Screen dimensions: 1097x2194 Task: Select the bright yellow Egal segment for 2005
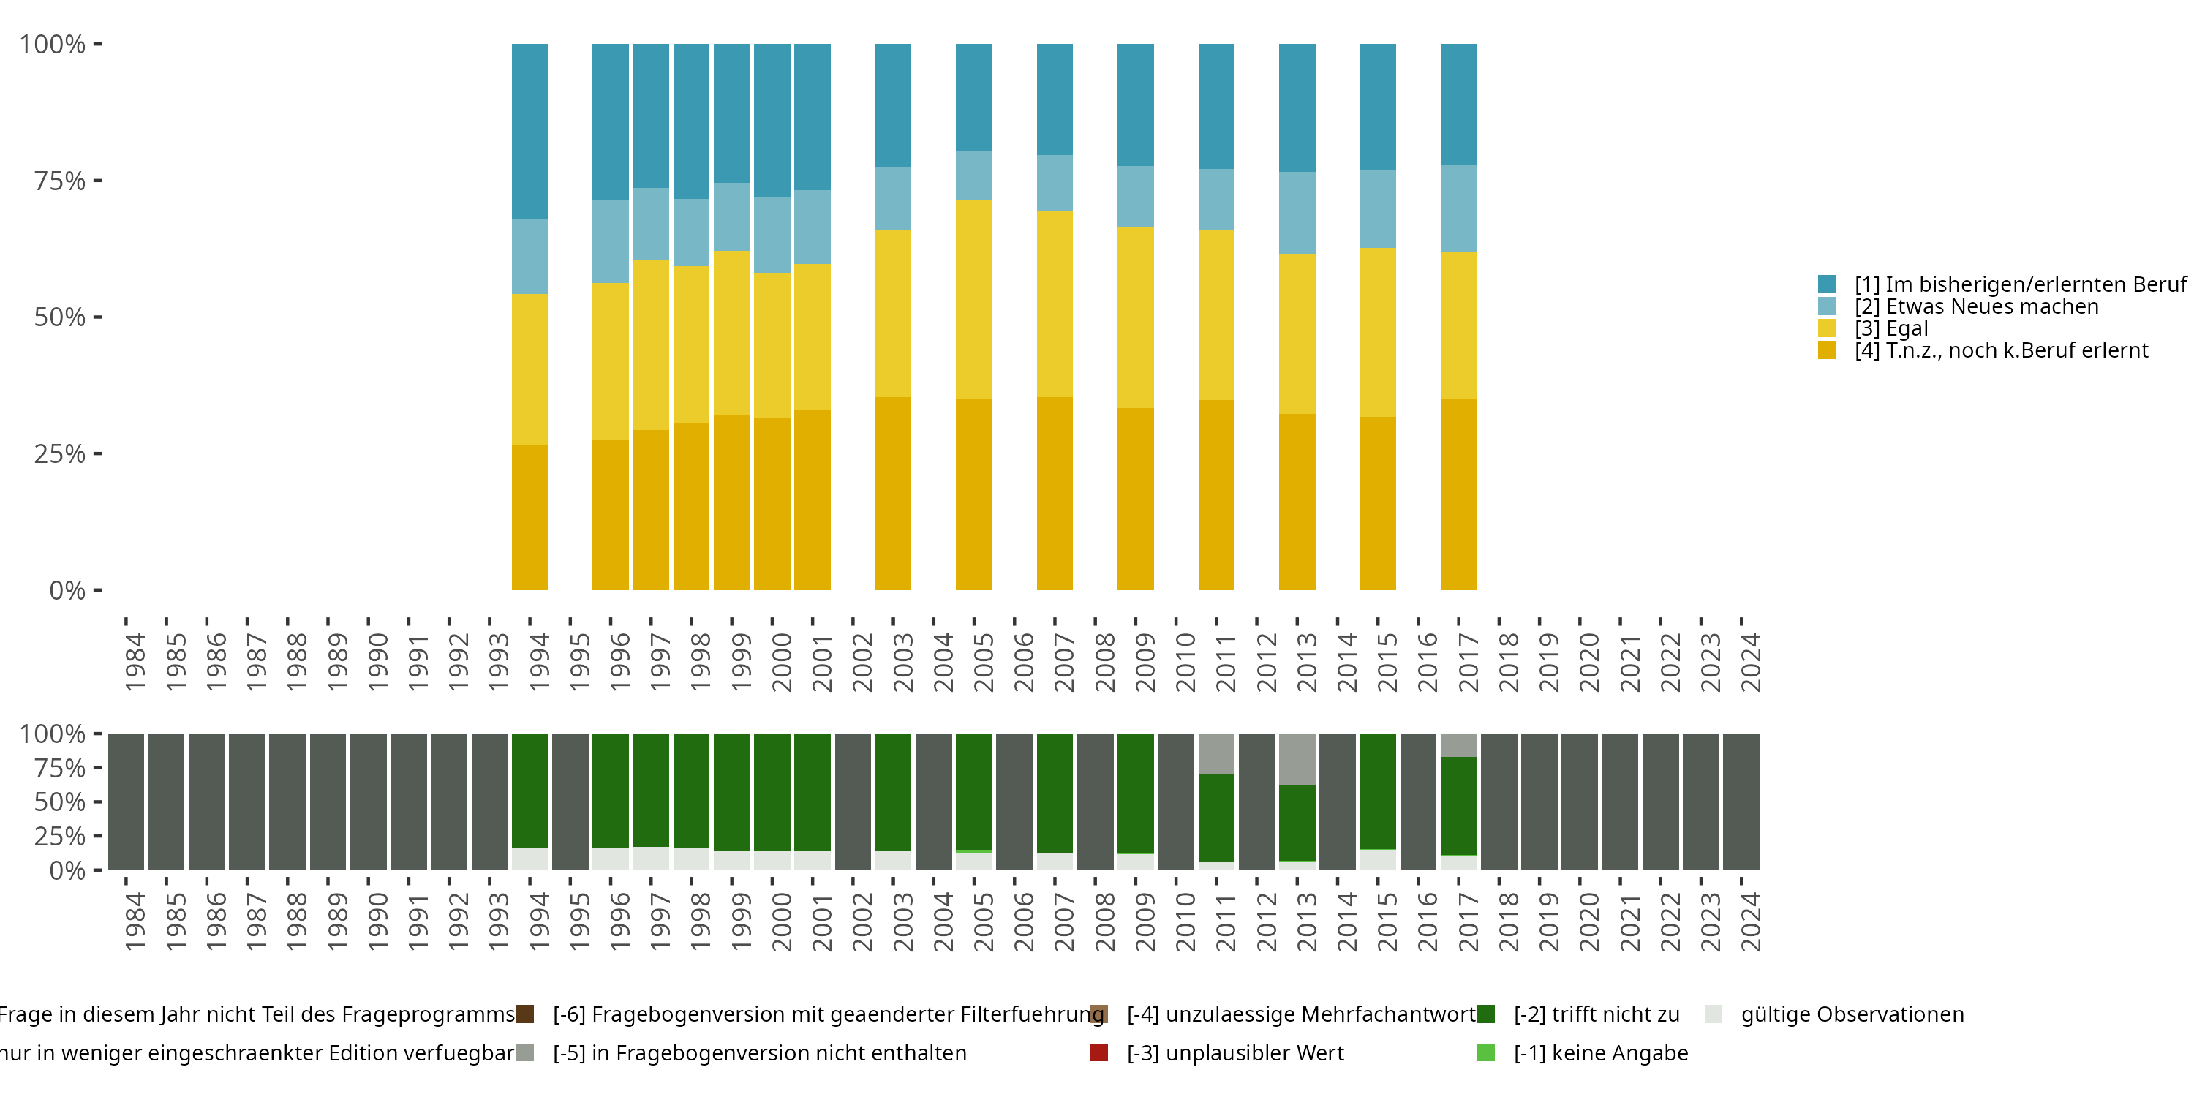tap(973, 299)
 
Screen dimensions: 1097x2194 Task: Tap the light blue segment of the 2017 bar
tap(1458, 208)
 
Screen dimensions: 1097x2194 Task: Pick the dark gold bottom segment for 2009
tap(1135, 498)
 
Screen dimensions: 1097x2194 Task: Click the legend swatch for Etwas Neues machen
tap(1827, 306)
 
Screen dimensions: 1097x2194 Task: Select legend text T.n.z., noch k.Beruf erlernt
tap(2002, 351)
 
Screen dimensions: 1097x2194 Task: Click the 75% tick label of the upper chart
tap(60, 181)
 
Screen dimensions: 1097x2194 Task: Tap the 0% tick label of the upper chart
tap(67, 590)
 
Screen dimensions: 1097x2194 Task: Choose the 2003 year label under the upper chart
tap(902, 662)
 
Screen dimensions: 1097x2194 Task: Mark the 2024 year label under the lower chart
tap(1750, 921)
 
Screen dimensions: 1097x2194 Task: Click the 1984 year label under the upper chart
tap(135, 662)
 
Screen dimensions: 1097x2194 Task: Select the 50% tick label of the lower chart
tap(60, 802)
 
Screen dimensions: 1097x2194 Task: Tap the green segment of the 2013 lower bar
tap(1297, 822)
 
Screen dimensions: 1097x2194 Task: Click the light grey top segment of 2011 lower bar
tap(1215, 753)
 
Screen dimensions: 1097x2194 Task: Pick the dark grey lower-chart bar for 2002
tap(853, 802)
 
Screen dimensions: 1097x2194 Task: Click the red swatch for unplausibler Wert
tap(1098, 1052)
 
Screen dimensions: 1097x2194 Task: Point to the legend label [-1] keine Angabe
tap(1600, 1052)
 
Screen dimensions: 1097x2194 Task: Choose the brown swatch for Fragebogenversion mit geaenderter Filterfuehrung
tap(524, 1014)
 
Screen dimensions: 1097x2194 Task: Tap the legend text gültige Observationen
tap(1852, 1014)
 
